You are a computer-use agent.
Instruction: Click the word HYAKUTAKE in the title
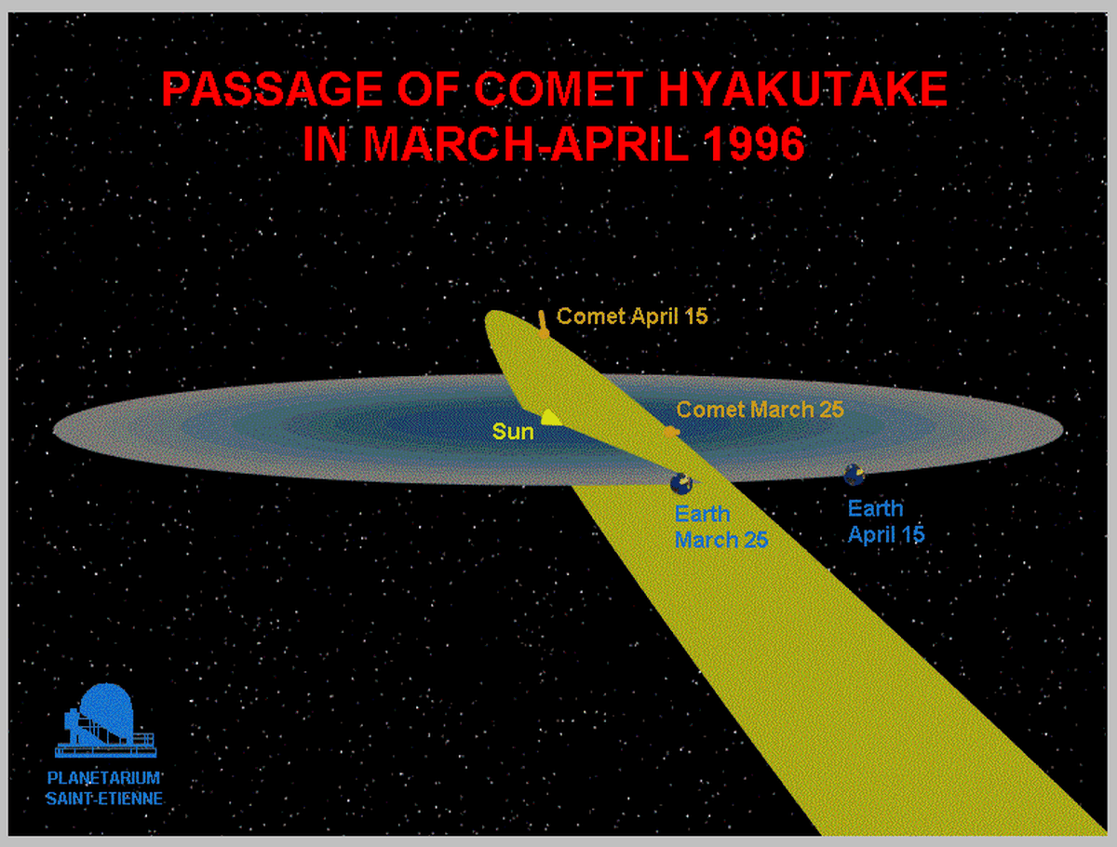coord(803,89)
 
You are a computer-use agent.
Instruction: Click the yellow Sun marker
coord(551,418)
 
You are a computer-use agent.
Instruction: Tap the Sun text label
coord(513,432)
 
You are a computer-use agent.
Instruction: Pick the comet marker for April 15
coord(544,326)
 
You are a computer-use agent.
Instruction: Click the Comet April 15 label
coord(632,316)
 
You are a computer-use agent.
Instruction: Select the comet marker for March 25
coord(671,433)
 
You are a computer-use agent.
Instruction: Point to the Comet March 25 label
coord(760,410)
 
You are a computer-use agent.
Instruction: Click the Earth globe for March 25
coord(681,483)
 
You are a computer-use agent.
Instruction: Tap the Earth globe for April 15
coord(855,475)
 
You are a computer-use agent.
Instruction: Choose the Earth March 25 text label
coord(721,528)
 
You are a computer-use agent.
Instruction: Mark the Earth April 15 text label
coord(886,522)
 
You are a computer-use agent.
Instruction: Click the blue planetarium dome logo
coord(106,720)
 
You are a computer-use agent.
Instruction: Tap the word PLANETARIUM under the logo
coord(104,778)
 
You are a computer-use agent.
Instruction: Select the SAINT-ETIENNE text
coord(104,800)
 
